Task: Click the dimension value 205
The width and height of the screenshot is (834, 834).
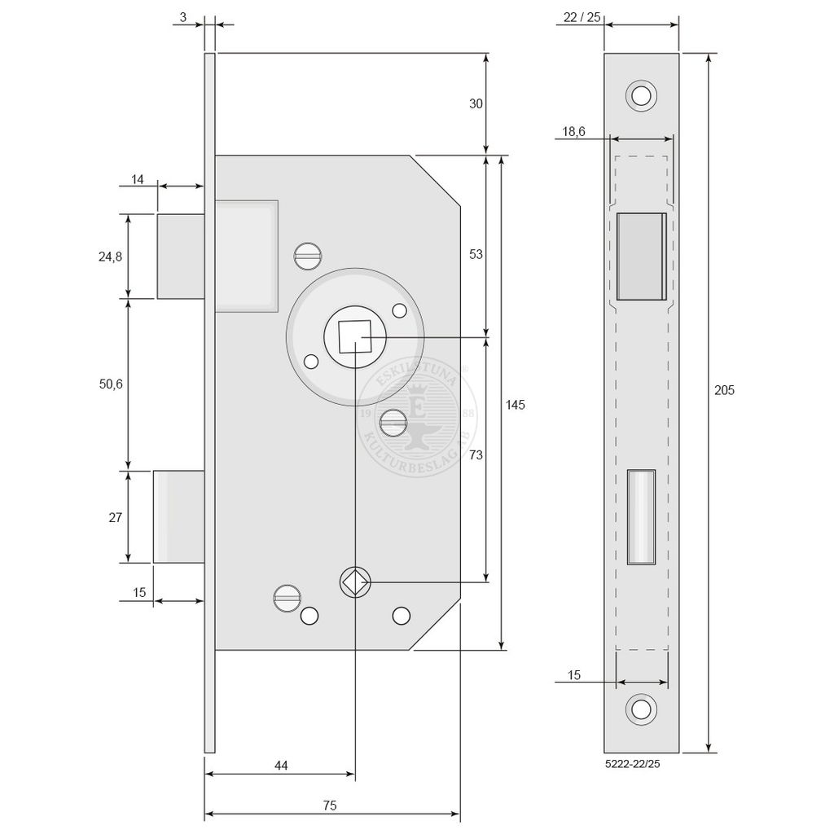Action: (x=724, y=390)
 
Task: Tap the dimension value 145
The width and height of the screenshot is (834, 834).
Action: (x=515, y=405)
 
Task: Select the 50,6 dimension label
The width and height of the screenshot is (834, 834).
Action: (x=111, y=384)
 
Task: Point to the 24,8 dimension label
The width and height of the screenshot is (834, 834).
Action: (x=110, y=257)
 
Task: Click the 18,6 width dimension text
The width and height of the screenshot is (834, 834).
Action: (x=573, y=131)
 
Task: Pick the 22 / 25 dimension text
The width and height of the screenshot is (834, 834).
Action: (x=582, y=17)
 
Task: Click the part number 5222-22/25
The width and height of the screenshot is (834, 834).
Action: (x=632, y=764)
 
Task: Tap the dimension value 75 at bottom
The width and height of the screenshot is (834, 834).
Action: (x=330, y=805)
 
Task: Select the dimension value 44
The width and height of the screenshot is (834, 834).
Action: (x=281, y=766)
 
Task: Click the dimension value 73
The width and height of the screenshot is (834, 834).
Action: (x=476, y=454)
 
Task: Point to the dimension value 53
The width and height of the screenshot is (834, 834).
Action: (x=476, y=254)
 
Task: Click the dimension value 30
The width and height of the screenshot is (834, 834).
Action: (x=476, y=103)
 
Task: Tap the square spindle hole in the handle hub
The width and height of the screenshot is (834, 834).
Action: (x=355, y=336)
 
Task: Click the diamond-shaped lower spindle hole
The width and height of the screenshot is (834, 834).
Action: (x=355, y=582)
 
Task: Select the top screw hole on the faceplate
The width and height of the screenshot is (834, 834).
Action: (x=641, y=96)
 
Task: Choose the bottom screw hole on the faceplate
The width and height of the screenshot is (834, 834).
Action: (x=641, y=709)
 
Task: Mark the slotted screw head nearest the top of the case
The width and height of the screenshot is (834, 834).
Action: (x=307, y=256)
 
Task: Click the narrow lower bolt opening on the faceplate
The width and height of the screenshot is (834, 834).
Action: (x=641, y=516)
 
